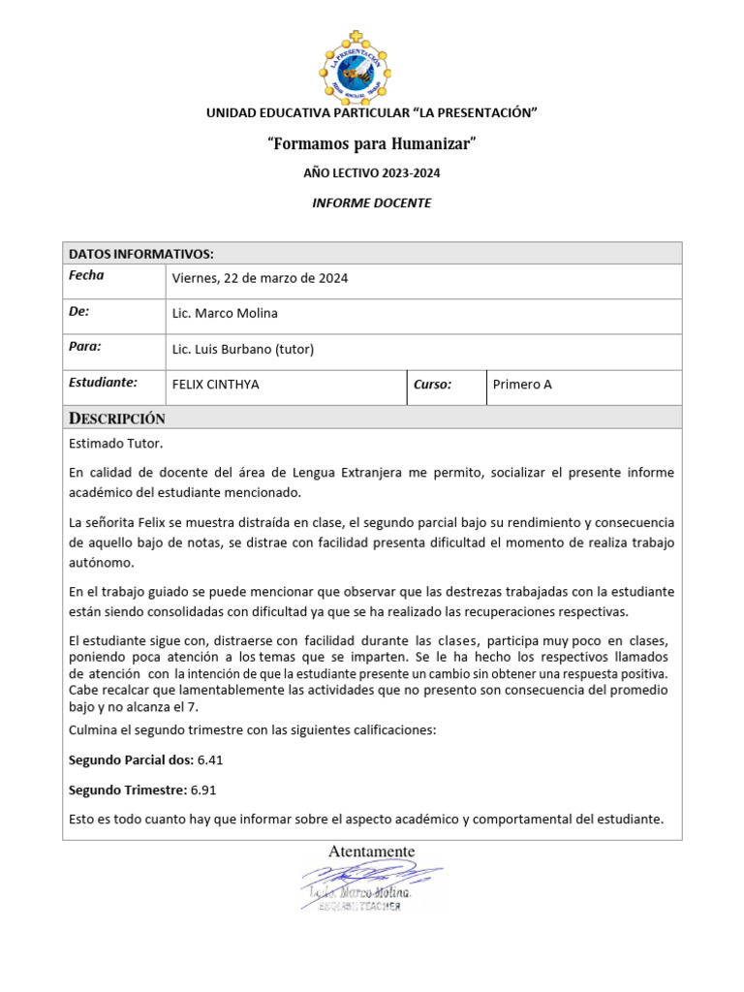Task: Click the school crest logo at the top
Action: point(371,65)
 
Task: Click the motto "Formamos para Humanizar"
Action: point(372,144)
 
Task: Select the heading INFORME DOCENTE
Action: point(371,203)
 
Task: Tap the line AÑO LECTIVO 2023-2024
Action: point(372,173)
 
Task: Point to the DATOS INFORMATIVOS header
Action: point(140,254)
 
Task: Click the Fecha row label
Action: point(86,276)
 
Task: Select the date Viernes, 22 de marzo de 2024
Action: point(260,279)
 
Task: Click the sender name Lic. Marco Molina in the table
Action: point(224,313)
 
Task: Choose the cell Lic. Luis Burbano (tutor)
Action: point(243,349)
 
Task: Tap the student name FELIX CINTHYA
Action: point(215,385)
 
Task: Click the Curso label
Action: point(432,385)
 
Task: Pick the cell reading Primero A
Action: point(522,385)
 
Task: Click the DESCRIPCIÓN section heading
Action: point(117,418)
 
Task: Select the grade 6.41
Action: point(210,759)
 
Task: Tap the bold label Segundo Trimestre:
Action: point(128,790)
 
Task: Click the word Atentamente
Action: point(372,852)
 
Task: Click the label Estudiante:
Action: point(103,383)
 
